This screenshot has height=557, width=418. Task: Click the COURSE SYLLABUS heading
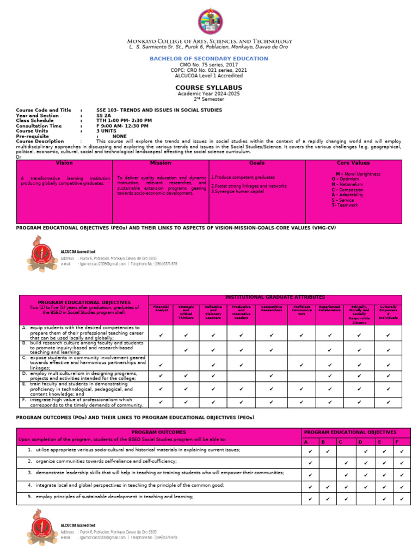point(209,88)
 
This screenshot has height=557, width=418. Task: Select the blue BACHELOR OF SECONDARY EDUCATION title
point(209,58)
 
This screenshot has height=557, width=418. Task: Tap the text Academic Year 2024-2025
point(209,94)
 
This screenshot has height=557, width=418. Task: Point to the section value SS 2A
point(103,115)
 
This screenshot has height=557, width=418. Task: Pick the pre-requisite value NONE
point(120,137)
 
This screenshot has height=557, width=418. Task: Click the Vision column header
point(64,163)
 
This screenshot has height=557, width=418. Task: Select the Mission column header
point(161,163)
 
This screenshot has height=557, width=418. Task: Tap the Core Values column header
point(353,163)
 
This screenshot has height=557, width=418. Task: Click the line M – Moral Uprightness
point(358,174)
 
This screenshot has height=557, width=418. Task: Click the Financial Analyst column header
point(161,309)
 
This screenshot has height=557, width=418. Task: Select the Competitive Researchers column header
point(271,309)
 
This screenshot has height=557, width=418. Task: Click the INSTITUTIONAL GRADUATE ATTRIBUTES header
point(275,298)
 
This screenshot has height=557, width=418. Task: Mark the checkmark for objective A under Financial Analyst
point(161,336)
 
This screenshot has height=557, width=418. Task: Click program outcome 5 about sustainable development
point(114,497)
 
